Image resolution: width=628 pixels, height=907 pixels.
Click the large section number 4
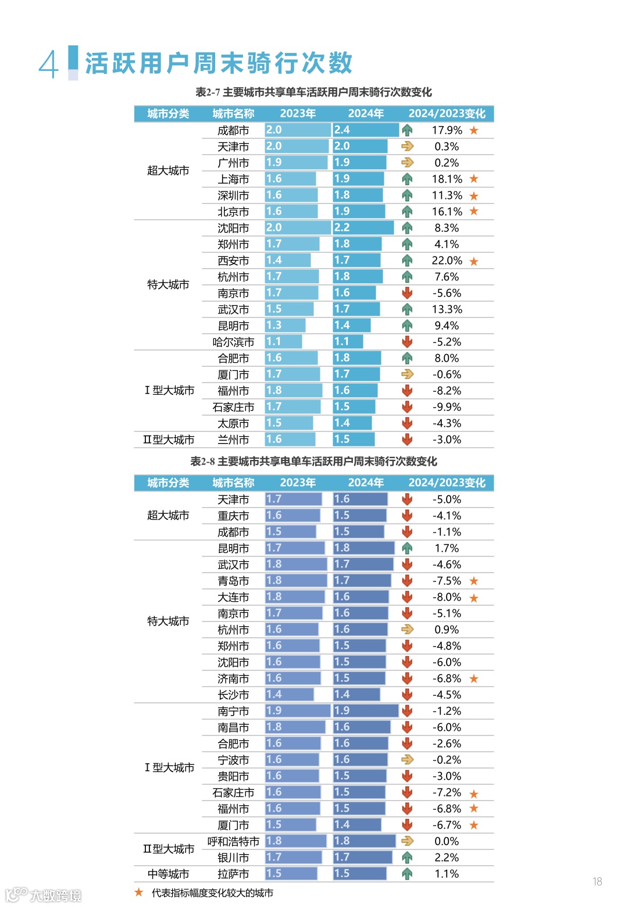click(x=49, y=64)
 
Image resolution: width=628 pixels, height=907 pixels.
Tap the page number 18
click(x=597, y=881)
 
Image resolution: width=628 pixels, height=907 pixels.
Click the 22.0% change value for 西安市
click(x=447, y=260)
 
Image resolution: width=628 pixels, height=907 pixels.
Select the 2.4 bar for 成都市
click(x=366, y=130)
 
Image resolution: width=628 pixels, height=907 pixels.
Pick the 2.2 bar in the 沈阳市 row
click(x=363, y=228)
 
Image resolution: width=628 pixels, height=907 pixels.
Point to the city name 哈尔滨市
click(x=233, y=342)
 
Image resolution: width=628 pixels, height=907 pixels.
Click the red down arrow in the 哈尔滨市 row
click(x=407, y=342)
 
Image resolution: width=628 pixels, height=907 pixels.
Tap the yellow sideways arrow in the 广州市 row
click(x=407, y=163)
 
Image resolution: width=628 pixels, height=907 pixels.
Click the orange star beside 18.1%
click(x=474, y=179)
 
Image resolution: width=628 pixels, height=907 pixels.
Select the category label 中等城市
click(x=168, y=874)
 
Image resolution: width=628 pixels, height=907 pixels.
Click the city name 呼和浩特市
click(x=233, y=841)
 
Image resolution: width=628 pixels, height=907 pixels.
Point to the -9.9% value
click(x=447, y=407)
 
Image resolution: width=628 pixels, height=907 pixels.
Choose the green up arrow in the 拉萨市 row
click(x=407, y=874)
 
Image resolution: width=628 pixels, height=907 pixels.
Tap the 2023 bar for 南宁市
click(x=298, y=711)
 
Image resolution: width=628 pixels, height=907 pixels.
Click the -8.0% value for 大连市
click(x=447, y=597)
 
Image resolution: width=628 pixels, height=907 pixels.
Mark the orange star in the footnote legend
click(x=139, y=892)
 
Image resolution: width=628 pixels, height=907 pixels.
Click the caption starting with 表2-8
click(x=314, y=461)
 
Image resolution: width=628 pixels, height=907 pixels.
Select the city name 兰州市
click(x=233, y=440)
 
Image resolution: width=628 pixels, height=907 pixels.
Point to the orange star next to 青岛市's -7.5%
click(x=474, y=581)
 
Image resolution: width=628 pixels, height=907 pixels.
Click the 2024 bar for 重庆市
click(x=360, y=516)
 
